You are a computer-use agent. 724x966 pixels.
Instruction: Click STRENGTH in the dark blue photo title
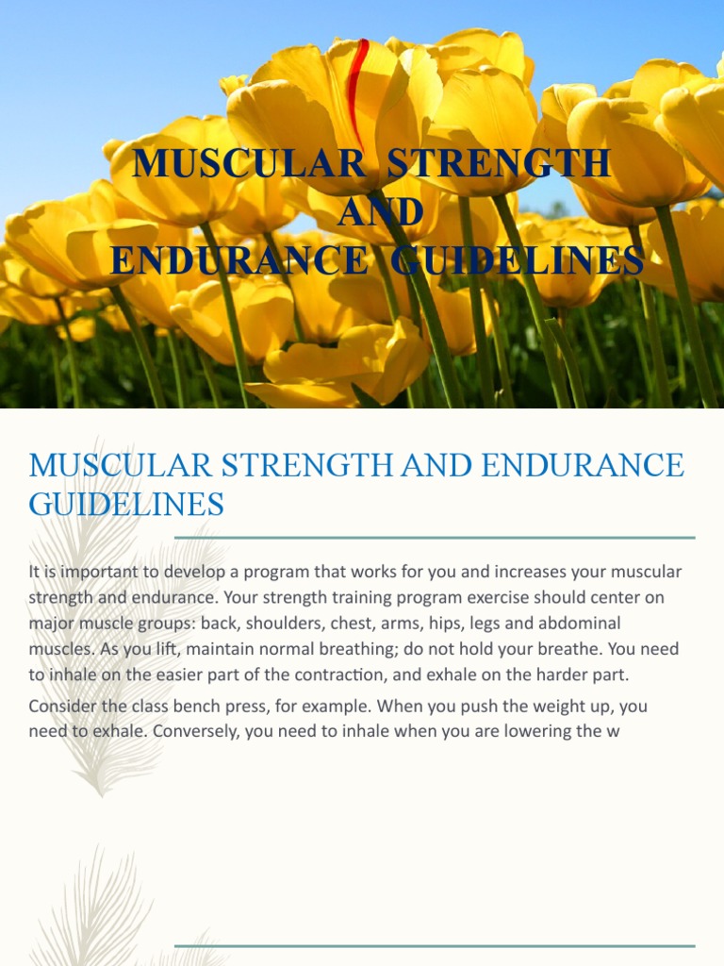click(499, 164)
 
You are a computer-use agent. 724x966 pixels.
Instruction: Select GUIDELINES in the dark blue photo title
click(518, 260)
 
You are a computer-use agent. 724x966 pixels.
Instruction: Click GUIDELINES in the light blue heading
click(126, 505)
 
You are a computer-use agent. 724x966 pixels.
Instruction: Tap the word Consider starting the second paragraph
click(62, 706)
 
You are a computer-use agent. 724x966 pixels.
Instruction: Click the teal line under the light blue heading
click(435, 538)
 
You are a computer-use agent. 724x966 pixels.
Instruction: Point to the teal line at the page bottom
click(435, 945)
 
